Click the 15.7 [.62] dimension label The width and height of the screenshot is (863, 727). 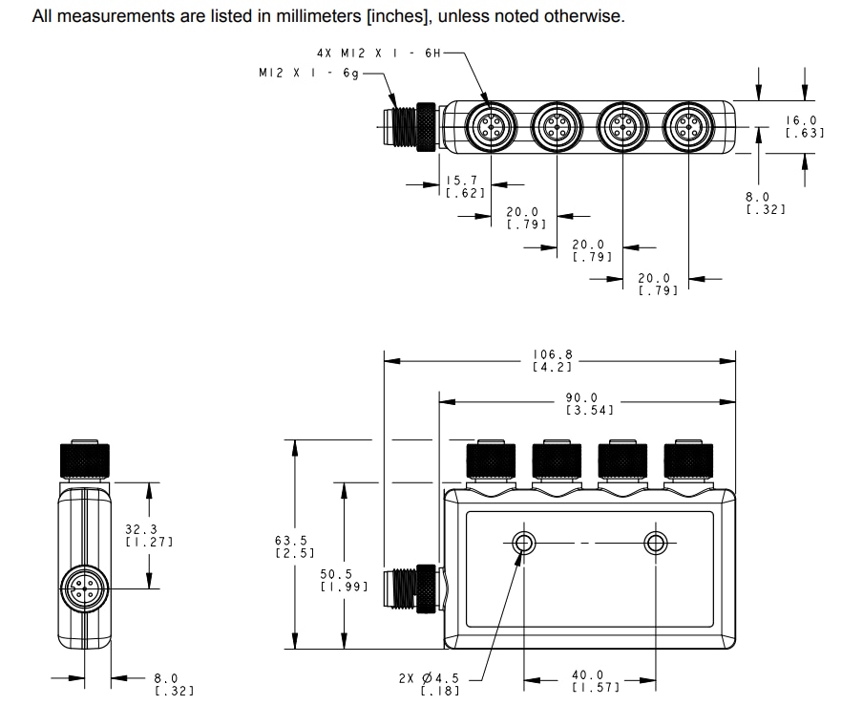[x=465, y=186]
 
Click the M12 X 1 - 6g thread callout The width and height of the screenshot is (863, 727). [x=307, y=73]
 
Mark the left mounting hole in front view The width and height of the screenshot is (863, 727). [x=523, y=544]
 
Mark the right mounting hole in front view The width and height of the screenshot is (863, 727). [x=655, y=544]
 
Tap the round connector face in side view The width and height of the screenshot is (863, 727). [x=84, y=585]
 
